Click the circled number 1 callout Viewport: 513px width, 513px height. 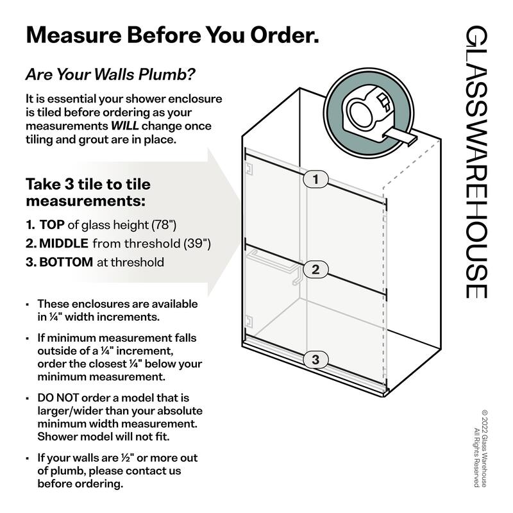pyautogui.click(x=315, y=179)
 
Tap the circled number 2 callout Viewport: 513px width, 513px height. pyautogui.click(x=315, y=269)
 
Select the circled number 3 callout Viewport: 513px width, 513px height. pyautogui.click(x=315, y=360)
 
